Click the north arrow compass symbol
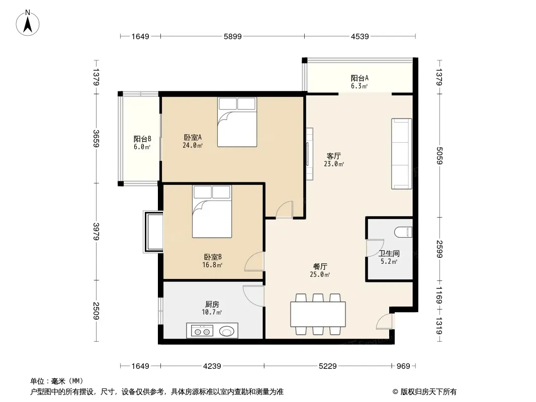(x=28, y=23)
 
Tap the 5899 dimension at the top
(x=233, y=37)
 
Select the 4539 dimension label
(x=360, y=37)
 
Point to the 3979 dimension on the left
(x=96, y=232)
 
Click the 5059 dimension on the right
(x=439, y=155)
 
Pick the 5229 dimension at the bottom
(x=328, y=366)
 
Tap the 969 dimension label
(x=403, y=366)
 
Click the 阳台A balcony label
(x=360, y=78)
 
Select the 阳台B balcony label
(x=142, y=139)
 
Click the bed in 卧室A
(x=237, y=122)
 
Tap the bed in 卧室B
(x=212, y=212)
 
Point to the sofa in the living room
(x=402, y=154)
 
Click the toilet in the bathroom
(x=403, y=232)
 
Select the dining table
(x=318, y=314)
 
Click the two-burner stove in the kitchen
(x=202, y=331)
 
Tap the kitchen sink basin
(x=227, y=331)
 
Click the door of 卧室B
(x=254, y=262)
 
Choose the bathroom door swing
(x=375, y=248)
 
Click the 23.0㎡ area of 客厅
(x=334, y=164)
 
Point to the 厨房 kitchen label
(x=212, y=304)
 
